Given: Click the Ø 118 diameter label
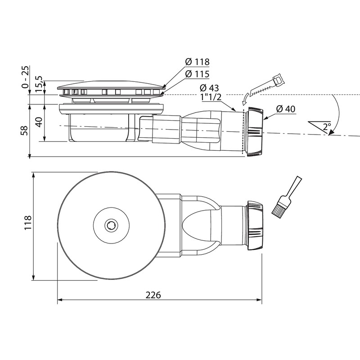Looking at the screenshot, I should click(197, 62).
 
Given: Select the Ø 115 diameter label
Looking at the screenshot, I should click(197, 73).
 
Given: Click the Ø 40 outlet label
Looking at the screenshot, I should click(286, 109).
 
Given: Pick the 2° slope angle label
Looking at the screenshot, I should click(326, 126).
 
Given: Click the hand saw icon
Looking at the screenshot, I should click(268, 86).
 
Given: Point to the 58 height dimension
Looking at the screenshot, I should click(24, 130).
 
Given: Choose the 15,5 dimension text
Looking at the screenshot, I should click(40, 85).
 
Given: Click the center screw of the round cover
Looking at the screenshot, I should click(110, 225).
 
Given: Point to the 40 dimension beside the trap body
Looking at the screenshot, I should click(40, 122).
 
